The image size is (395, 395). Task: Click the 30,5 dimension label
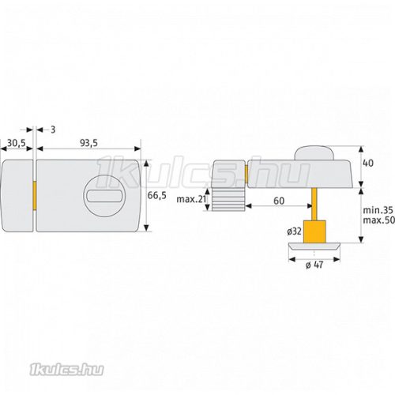(x=17, y=143)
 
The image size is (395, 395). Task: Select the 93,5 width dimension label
(x=88, y=143)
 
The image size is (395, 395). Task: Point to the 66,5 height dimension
(x=157, y=195)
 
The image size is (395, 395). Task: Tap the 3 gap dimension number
(x=53, y=130)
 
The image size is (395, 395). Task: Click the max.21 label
(x=191, y=199)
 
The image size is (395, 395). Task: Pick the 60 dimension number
(x=279, y=201)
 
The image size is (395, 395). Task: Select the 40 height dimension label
(x=368, y=164)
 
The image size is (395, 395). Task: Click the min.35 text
(x=378, y=210)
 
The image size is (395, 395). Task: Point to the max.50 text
(x=378, y=220)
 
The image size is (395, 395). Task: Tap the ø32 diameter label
(x=295, y=231)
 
